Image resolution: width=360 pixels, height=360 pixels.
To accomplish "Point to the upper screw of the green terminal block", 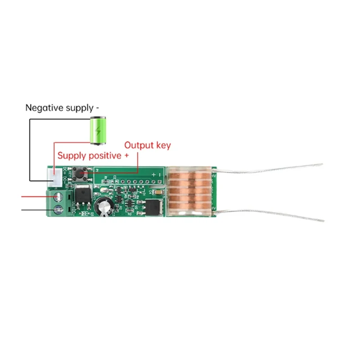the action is (x=57, y=196).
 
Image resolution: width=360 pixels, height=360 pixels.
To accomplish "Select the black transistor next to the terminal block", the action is (x=85, y=195).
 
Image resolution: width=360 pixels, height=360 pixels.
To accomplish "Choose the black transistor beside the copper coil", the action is (x=152, y=207).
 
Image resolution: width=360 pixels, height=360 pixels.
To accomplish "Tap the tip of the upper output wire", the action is (x=321, y=164).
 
